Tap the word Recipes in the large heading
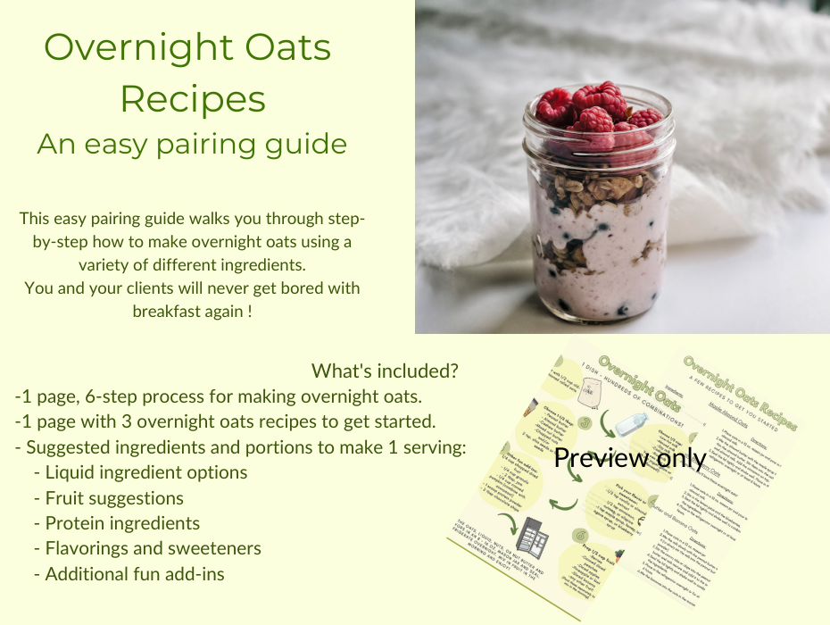tap(193, 98)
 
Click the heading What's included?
tap(386, 370)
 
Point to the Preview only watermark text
tap(630, 458)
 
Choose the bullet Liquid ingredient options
tap(145, 472)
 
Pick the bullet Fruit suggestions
tap(114, 498)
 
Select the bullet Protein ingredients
tap(122, 523)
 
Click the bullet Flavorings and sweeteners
tap(153, 548)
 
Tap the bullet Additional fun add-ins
tap(135, 574)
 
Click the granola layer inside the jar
tap(600, 187)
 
